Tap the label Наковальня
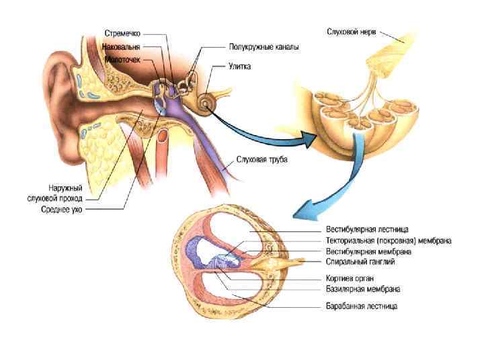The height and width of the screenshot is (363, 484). (122, 47)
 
